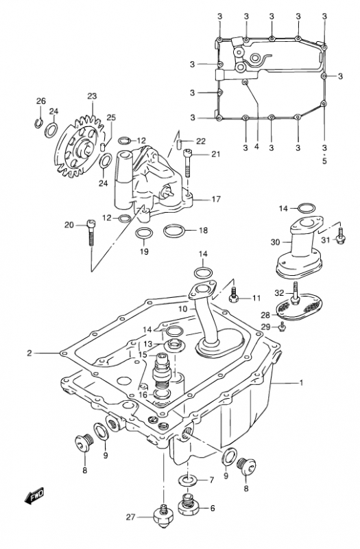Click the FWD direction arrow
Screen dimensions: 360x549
34,495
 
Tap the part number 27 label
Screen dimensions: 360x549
130,517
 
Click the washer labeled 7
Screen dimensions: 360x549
188,479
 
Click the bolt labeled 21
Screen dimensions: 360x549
188,163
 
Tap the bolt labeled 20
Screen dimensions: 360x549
91,233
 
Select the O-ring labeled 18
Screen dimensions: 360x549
174,231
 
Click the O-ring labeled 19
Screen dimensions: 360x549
144,234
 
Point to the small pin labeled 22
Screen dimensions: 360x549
178,143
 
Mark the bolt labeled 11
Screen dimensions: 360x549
234,295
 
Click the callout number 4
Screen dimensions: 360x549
256,146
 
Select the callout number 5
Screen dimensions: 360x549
324,161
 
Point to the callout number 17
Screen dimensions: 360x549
216,199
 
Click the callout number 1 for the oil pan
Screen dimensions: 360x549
302,383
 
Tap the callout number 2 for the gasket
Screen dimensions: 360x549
29,353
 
